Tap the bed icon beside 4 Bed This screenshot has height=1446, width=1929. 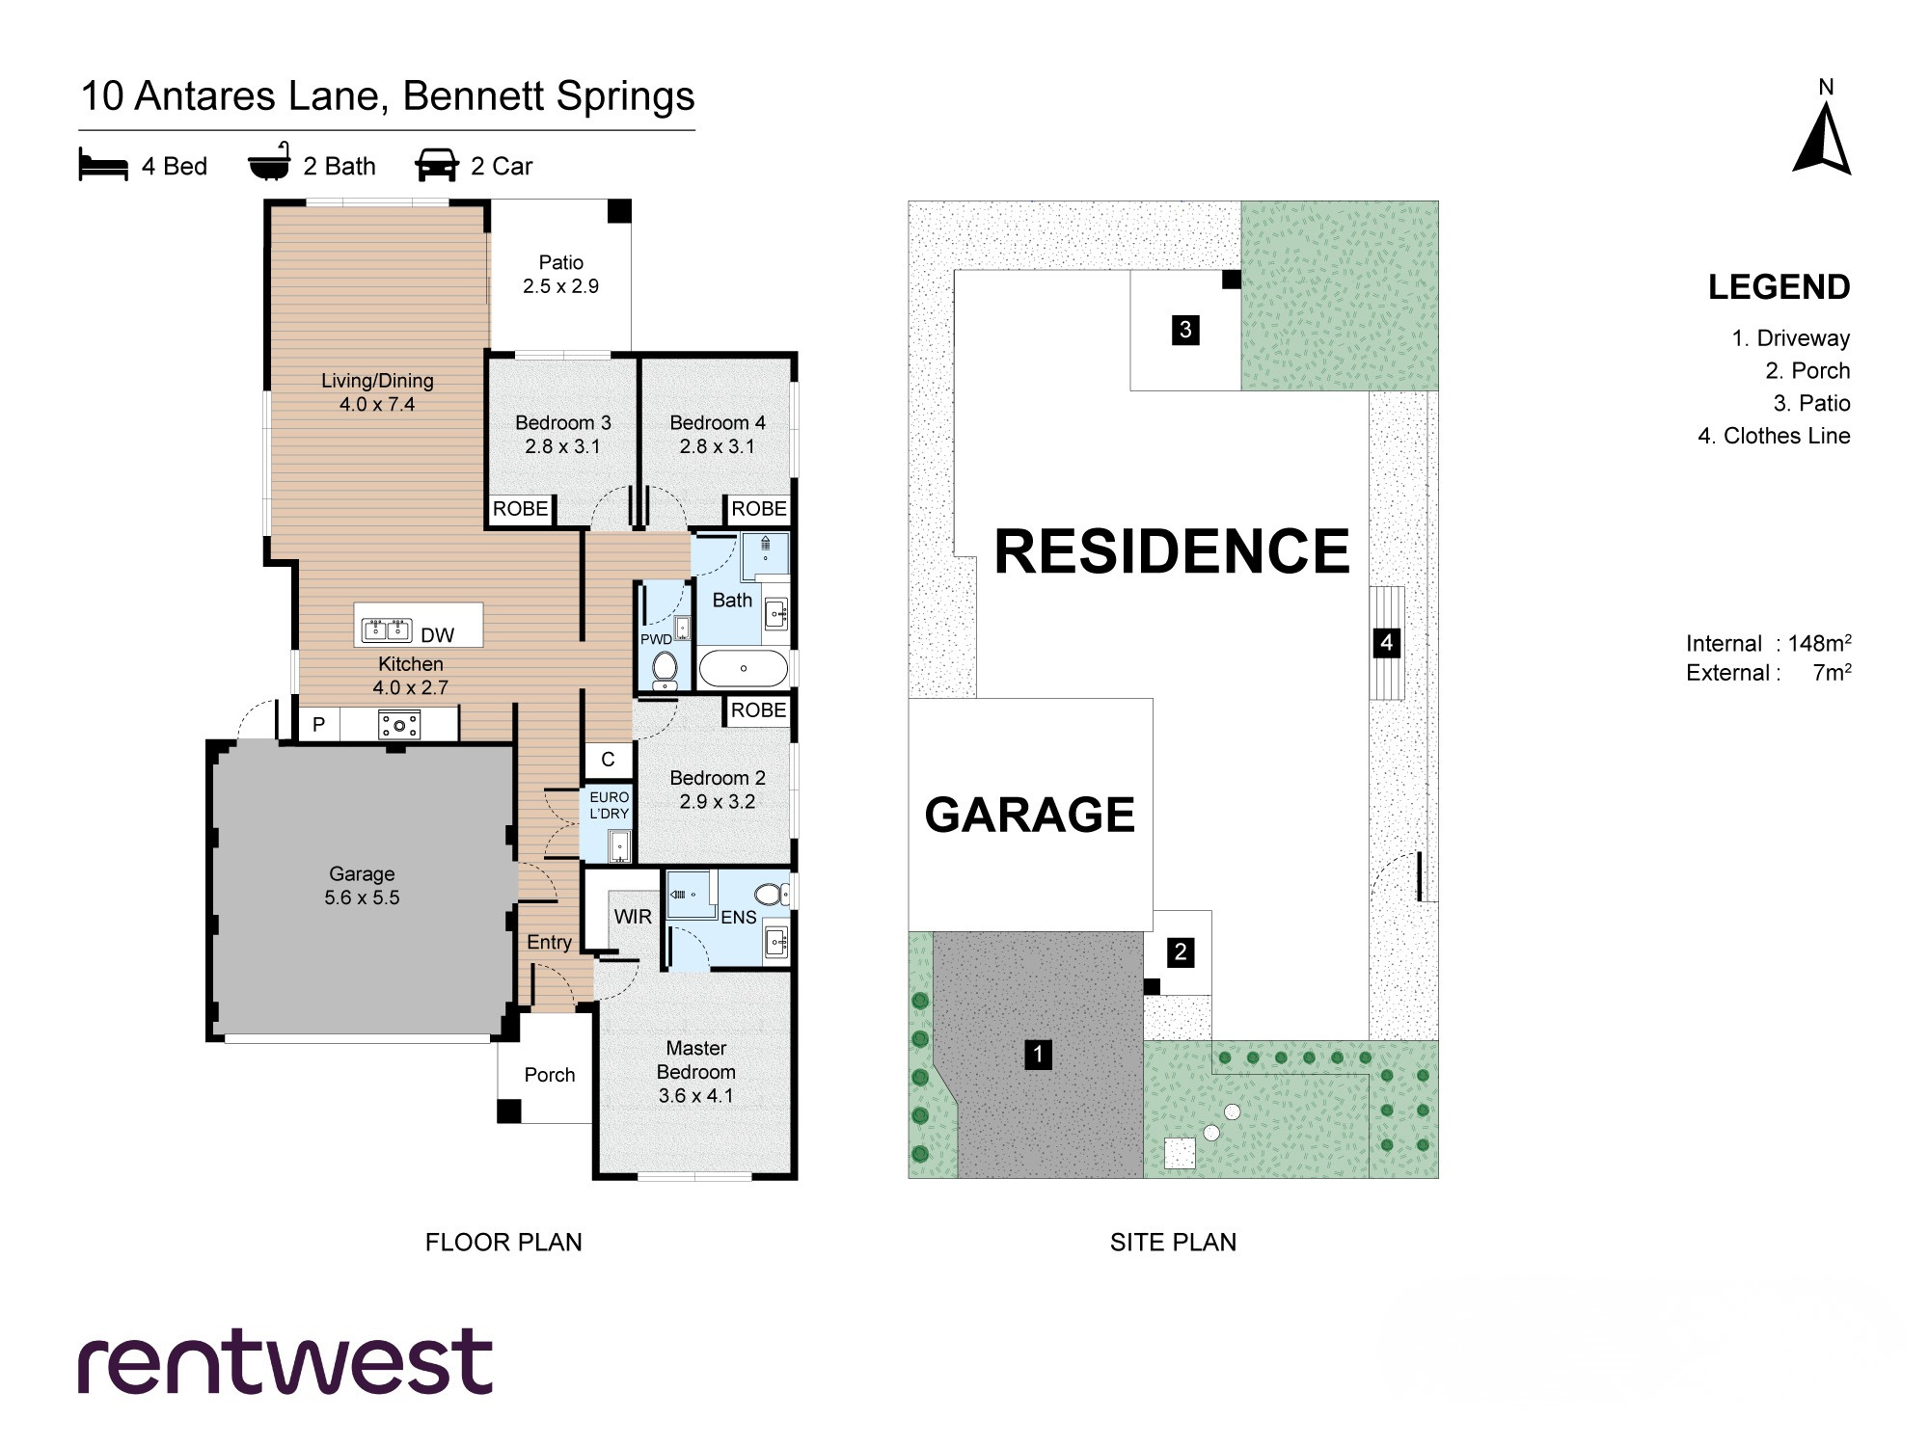[x=103, y=165]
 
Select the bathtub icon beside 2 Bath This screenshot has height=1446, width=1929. [x=269, y=162]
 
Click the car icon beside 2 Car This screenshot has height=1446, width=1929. [x=437, y=165]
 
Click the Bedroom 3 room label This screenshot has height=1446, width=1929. [x=563, y=435]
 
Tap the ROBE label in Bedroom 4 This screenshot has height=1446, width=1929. [x=759, y=509]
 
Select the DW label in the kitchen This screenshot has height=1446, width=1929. [x=437, y=635]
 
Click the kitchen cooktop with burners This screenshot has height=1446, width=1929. [x=399, y=725]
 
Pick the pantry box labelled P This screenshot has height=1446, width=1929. [x=318, y=724]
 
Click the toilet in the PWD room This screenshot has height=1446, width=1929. [x=665, y=669]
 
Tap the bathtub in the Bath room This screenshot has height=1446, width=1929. [x=743, y=668]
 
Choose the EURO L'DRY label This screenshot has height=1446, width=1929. [x=610, y=805]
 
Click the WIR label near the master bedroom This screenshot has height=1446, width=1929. [x=633, y=917]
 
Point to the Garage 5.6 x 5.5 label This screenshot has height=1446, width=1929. [x=362, y=886]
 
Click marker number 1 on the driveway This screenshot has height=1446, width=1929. [x=1038, y=1054]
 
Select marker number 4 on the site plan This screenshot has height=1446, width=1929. [x=1386, y=643]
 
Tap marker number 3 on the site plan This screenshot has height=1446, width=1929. [x=1185, y=330]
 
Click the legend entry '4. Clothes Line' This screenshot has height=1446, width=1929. [x=1774, y=436]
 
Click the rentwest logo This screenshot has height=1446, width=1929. [x=285, y=1361]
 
